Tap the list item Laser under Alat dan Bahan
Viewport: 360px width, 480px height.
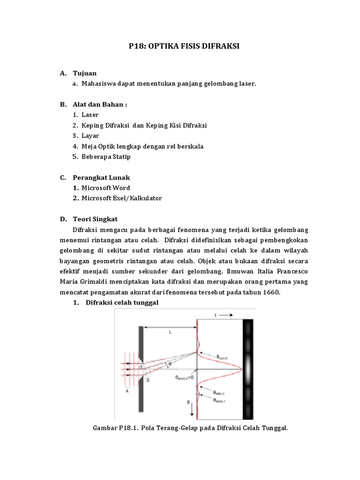point(90,114)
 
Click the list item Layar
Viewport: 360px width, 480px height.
point(90,135)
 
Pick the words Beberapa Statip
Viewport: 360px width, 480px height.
point(106,157)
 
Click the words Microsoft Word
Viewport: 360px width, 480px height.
point(105,187)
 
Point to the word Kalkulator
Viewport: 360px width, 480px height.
point(144,198)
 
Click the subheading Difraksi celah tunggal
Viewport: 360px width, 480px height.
point(122,302)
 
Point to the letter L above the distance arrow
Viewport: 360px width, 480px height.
point(170,331)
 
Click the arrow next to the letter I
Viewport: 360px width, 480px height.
point(225,315)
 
